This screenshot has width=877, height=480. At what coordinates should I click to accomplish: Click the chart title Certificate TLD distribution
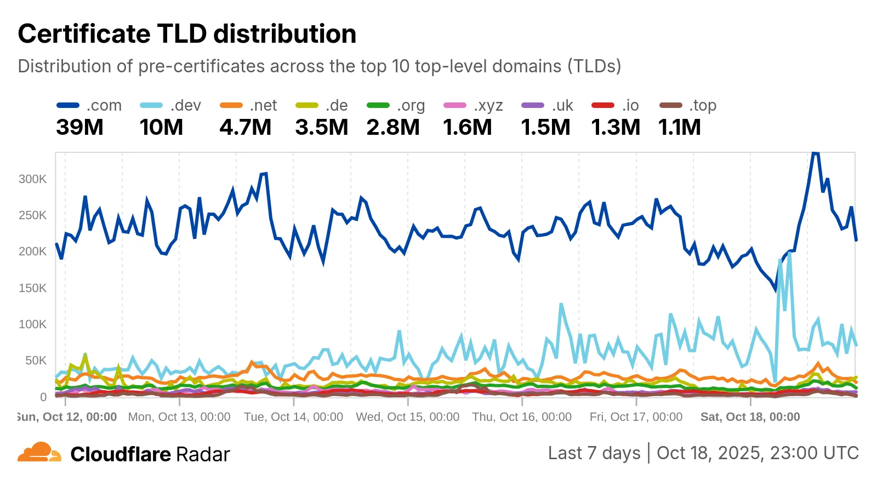tap(187, 34)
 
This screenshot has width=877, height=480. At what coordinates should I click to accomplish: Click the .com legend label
tap(104, 105)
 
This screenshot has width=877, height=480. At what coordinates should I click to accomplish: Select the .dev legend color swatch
tap(151, 105)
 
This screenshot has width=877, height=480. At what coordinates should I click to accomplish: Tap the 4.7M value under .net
tap(245, 128)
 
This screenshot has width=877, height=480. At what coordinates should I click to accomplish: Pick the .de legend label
tap(337, 105)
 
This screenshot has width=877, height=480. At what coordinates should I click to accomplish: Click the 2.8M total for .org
tap(392, 128)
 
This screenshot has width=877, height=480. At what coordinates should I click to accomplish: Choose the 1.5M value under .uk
tap(545, 128)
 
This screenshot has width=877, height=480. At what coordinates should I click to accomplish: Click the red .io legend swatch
tap(603, 105)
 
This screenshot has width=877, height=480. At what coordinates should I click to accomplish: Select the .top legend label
tap(703, 105)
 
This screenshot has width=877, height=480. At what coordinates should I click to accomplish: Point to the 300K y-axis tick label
tap(32, 179)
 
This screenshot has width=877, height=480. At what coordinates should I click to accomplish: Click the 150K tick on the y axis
tap(32, 288)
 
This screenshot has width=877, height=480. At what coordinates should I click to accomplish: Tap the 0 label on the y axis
tap(43, 397)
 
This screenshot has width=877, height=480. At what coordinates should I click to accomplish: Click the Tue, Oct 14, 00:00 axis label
tap(293, 417)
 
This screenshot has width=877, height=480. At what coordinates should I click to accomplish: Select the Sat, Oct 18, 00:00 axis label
tap(750, 417)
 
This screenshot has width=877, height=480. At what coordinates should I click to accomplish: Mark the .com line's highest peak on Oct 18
tap(815, 153)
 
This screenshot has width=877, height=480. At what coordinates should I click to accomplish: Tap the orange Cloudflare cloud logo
tap(39, 453)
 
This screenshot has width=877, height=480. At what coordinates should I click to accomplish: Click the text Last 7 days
tap(594, 453)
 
